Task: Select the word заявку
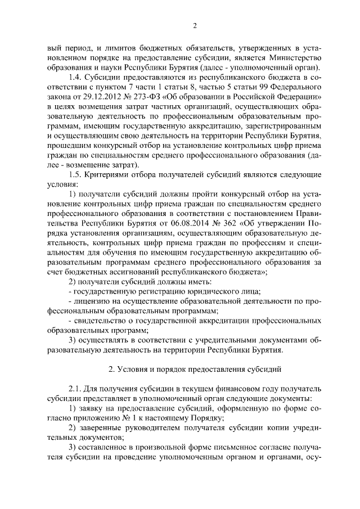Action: click(94, 411)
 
